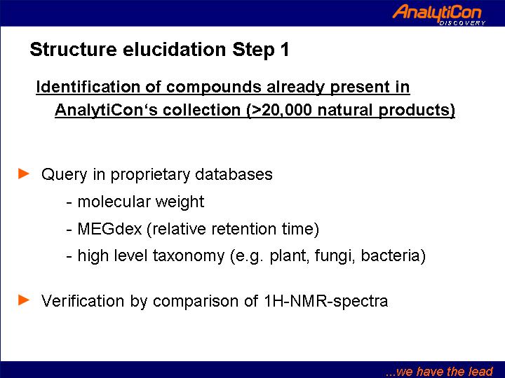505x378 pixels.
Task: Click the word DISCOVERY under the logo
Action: pos(462,23)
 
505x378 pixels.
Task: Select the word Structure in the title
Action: pos(73,50)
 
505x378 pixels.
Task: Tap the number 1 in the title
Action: pos(284,50)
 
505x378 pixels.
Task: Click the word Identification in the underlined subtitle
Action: pos(88,87)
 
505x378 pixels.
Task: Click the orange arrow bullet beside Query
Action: pos(24,174)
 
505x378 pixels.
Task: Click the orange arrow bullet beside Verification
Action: pos(24,300)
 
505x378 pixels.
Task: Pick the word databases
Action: pos(234,174)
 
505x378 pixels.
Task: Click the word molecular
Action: pos(114,202)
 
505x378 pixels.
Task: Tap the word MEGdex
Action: pos(110,229)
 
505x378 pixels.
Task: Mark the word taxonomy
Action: pos(189,257)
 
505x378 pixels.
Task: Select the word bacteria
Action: pos(391,256)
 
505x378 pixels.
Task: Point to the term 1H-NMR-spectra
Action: pos(326,302)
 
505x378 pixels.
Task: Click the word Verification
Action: pos(83,301)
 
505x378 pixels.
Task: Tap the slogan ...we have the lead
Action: pos(439,371)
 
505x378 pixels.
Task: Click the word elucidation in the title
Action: pos(174,50)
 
